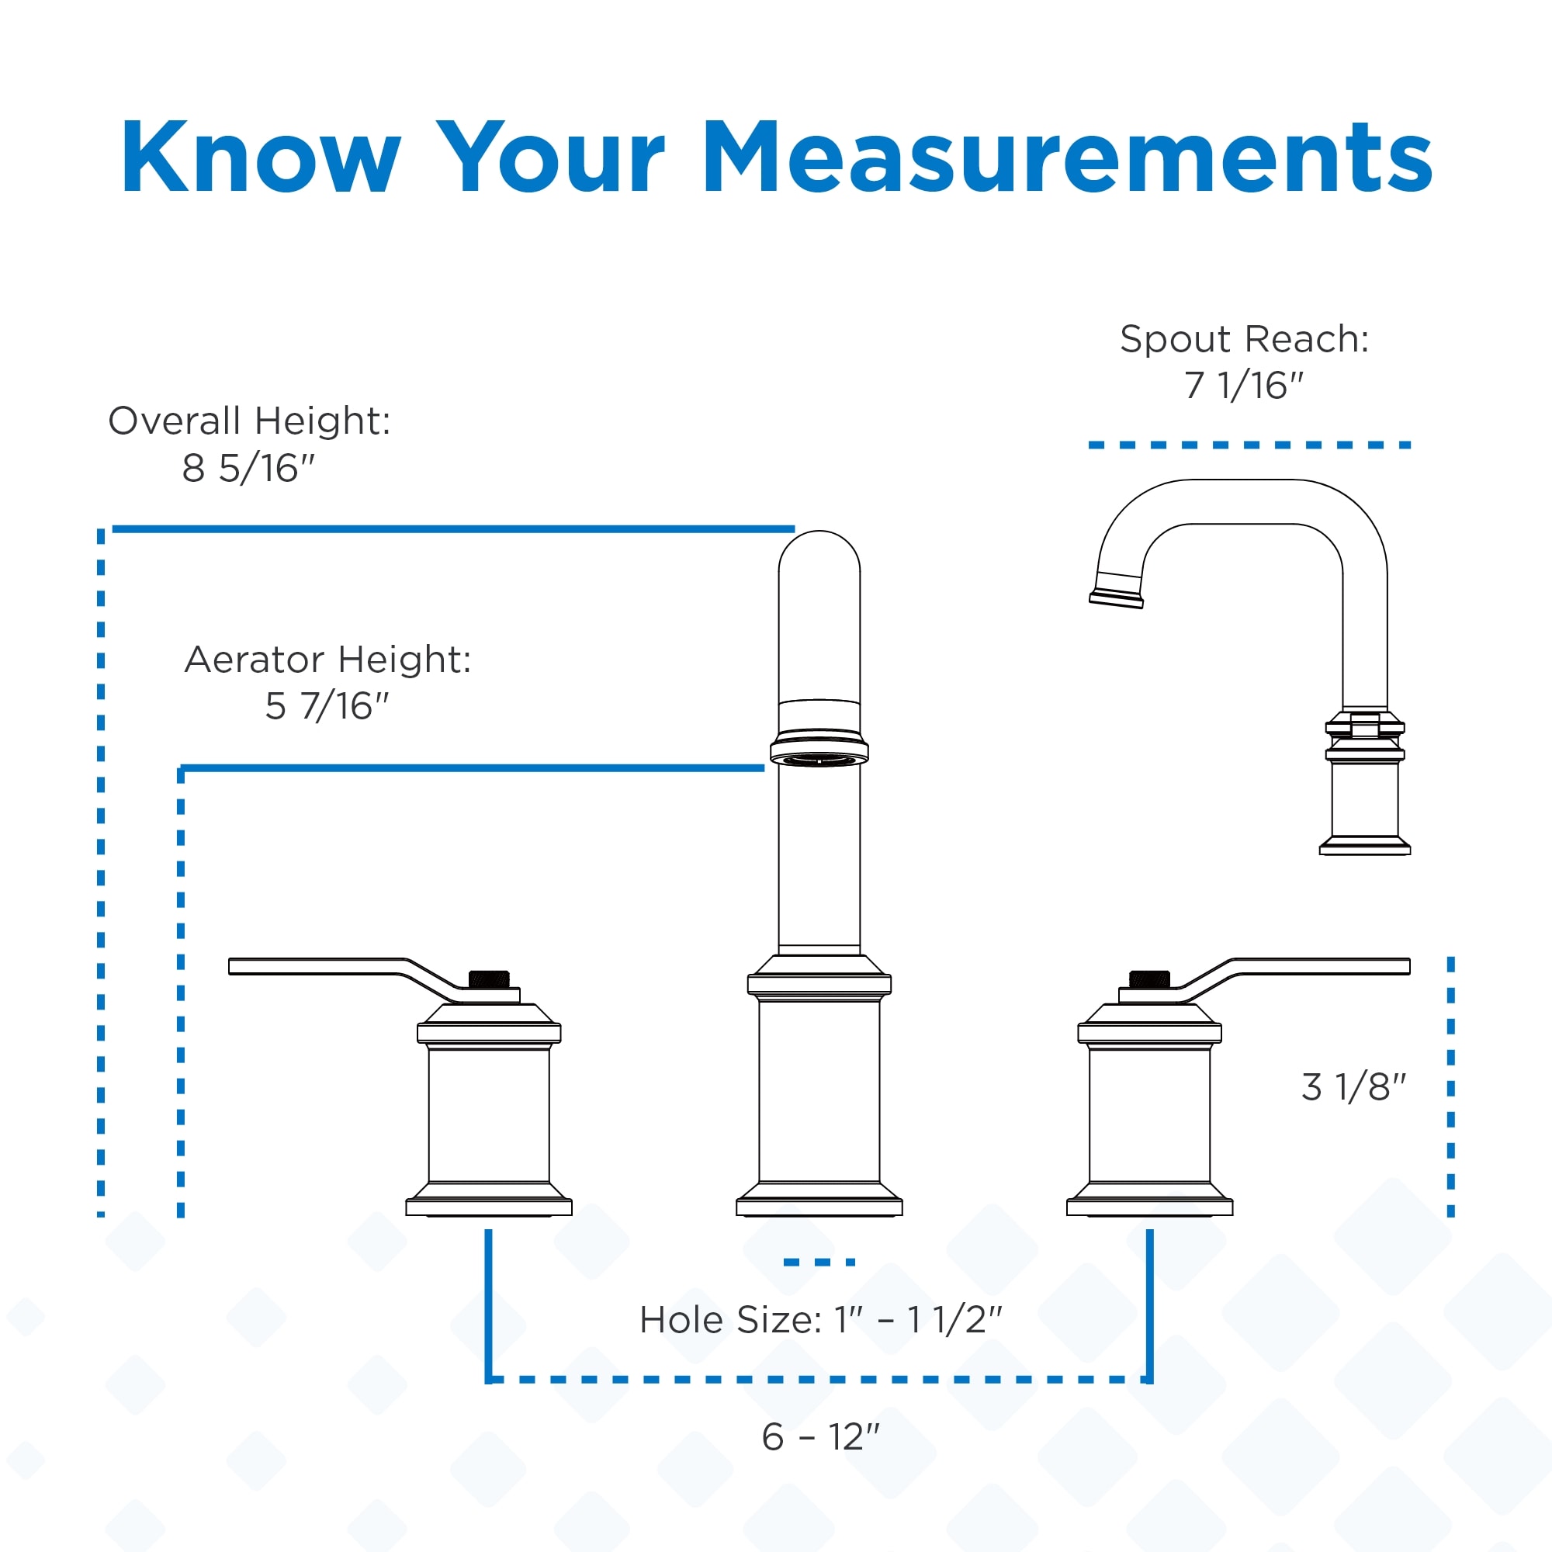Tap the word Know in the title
(x=261, y=157)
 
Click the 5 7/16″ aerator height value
(x=327, y=706)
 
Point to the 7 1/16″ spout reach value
(x=1243, y=386)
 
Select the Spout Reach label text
(x=1245, y=339)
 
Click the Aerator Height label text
(x=327, y=660)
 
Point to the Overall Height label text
(x=249, y=421)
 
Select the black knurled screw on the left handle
(x=488, y=979)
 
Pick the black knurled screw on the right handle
(x=1149, y=979)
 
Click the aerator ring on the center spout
(x=819, y=749)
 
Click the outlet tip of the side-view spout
(x=1117, y=598)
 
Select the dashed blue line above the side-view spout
(x=1250, y=445)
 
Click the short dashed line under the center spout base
(x=819, y=1262)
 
